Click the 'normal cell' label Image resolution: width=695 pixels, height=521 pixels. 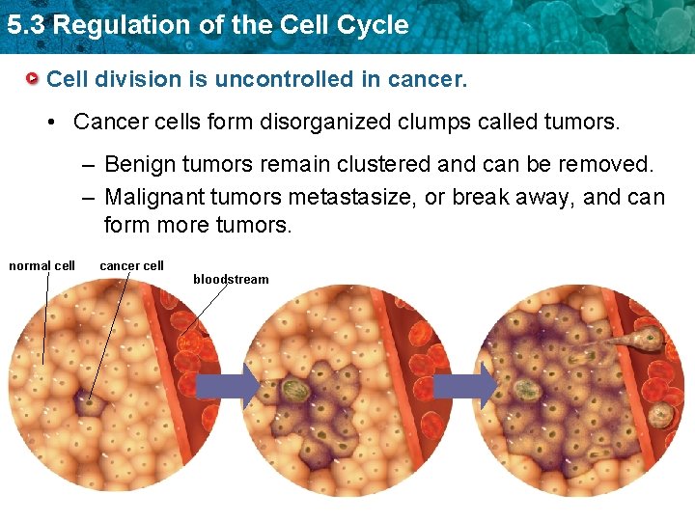pos(42,265)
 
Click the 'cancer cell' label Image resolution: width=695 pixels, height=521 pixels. pos(131,265)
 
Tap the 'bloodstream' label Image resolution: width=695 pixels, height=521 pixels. pos(231,279)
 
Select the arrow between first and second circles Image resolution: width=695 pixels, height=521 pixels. pos(227,387)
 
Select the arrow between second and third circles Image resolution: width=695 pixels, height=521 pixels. pos(465,387)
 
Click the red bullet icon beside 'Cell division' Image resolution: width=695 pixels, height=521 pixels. pos(33,77)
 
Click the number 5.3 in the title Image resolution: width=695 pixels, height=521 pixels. pos(25,25)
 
